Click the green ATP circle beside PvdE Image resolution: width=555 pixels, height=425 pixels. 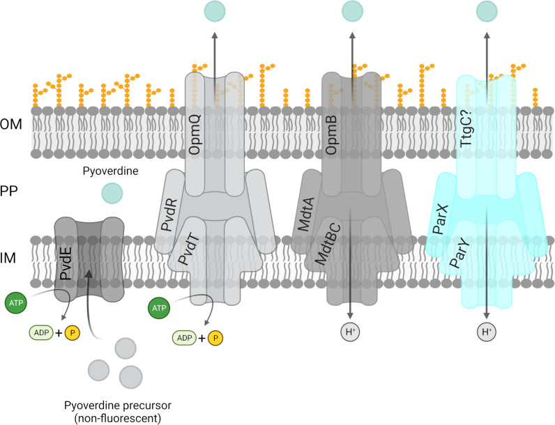click(16, 304)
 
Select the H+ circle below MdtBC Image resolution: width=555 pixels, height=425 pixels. click(350, 333)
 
